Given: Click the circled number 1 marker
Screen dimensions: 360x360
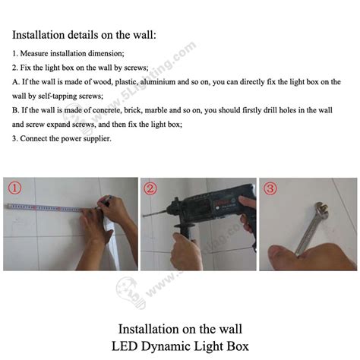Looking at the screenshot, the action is point(14,188).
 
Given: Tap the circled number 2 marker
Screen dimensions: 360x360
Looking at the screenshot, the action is point(150,188).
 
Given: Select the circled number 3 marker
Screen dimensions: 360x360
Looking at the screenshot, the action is point(270,188).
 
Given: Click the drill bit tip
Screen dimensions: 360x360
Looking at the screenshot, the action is point(144,216).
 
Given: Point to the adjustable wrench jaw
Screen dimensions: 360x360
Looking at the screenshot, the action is point(321,209).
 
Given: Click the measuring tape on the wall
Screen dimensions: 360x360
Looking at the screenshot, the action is point(46,207).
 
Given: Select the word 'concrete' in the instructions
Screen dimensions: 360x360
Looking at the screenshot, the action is point(107,110).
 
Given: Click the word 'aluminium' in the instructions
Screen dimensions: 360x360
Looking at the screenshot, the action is point(154,82).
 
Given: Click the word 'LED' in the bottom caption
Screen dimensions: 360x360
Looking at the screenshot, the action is point(125,346).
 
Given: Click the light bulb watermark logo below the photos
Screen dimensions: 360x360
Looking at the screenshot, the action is point(131,292).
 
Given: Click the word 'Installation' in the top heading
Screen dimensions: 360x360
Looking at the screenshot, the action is point(39,35).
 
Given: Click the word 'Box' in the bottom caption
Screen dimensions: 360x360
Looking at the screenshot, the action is point(238,346).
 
